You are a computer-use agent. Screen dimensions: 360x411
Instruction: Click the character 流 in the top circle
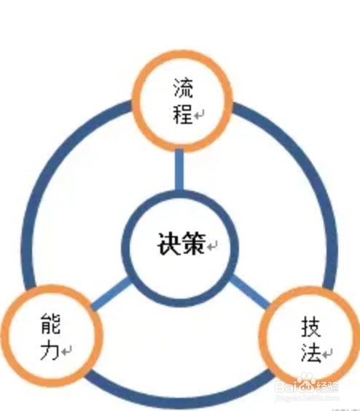point(183,87)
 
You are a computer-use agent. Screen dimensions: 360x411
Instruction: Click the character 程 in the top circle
point(183,114)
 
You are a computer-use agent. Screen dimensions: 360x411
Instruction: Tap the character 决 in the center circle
point(169,243)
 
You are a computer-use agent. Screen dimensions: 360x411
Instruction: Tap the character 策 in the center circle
point(193,243)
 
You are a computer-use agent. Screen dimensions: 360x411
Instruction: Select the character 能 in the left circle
point(50,324)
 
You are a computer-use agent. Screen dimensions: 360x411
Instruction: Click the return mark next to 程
point(199,114)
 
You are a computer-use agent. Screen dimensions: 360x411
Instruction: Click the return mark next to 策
point(212,246)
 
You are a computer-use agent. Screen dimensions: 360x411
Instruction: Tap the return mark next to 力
point(66,351)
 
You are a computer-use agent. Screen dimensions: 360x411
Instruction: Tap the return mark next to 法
point(327,353)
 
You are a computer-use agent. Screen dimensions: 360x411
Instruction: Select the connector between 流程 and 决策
point(179,170)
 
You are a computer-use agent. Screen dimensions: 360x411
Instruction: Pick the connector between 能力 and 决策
point(110,294)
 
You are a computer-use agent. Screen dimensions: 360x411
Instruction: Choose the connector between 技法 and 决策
point(250,291)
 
